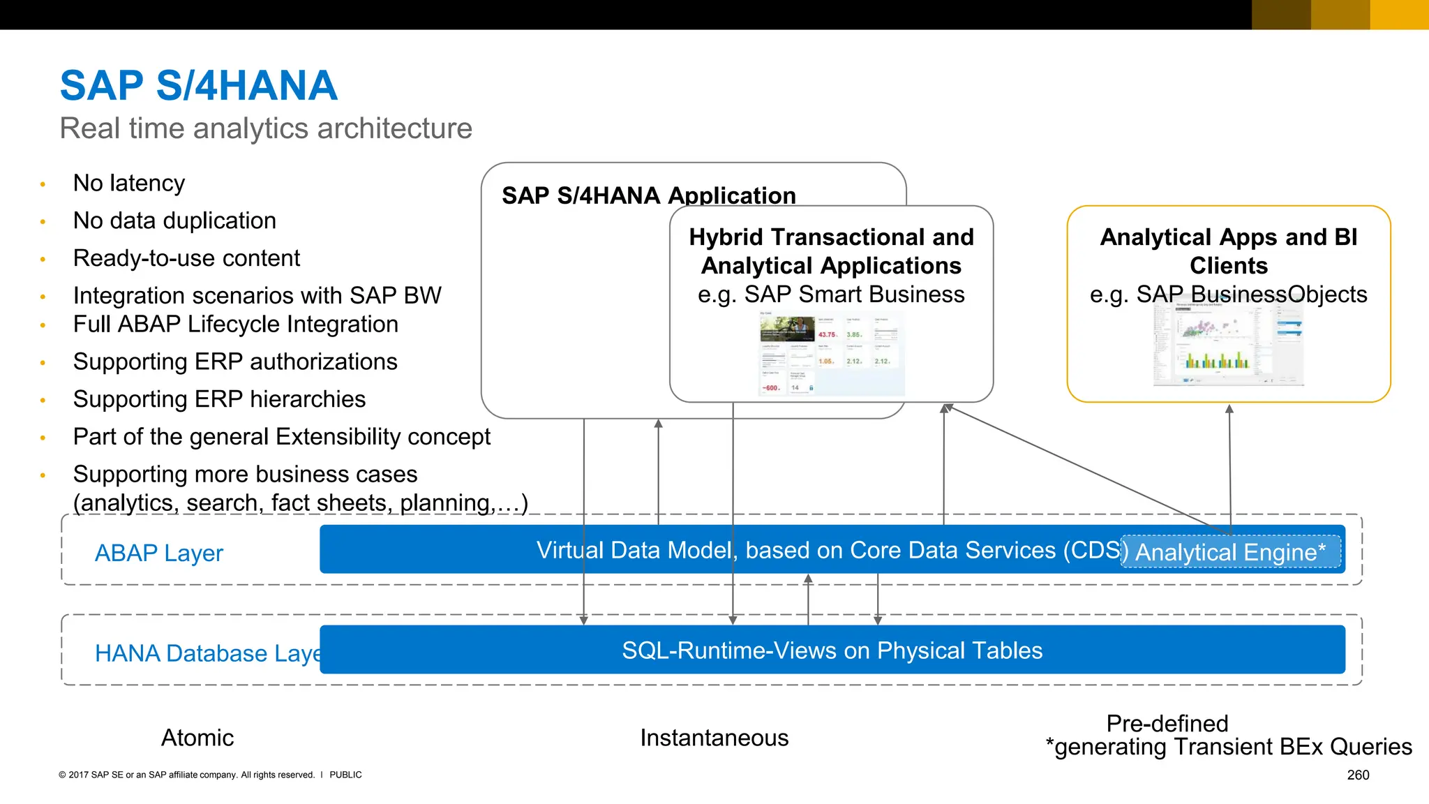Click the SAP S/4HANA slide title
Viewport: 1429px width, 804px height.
(199, 86)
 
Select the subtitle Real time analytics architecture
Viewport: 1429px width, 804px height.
(266, 128)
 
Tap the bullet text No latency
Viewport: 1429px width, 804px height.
(129, 184)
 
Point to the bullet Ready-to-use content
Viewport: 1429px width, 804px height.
(186, 258)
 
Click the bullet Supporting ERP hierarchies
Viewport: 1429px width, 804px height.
(219, 399)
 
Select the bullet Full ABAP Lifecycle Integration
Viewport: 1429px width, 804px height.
(235, 325)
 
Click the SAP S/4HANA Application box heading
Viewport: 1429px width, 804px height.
(648, 195)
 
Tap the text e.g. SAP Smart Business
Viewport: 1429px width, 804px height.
(830, 295)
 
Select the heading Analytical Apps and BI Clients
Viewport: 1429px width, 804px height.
(1228, 251)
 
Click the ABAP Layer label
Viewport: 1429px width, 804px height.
(158, 553)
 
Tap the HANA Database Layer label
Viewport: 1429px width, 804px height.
(207, 653)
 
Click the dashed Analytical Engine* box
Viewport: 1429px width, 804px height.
(1230, 552)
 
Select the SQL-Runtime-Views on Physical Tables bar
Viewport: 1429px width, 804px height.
(832, 650)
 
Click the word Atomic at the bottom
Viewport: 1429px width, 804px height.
(197, 738)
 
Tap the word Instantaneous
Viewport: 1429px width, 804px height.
(714, 738)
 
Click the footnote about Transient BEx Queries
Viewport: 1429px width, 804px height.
(1228, 747)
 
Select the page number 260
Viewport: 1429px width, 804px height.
(1357, 775)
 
